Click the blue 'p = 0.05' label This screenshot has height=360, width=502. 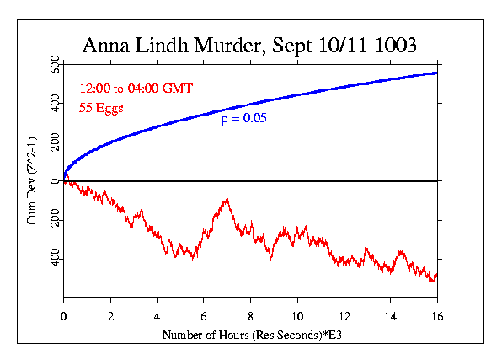pyautogui.click(x=243, y=120)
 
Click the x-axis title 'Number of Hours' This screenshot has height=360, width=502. pyautogui.click(x=211, y=336)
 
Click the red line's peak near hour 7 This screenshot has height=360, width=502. pyautogui.click(x=227, y=200)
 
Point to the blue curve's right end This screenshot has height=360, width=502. pyautogui.click(x=436, y=73)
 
